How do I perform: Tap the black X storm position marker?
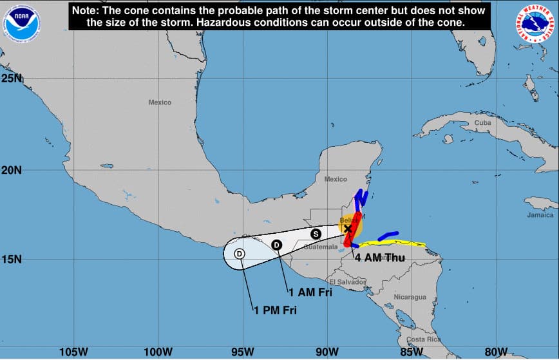pos(348,229)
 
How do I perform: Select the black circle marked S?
pos(316,234)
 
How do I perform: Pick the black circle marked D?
pos(276,244)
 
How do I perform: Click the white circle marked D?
pos(239,254)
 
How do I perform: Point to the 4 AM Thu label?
pos(379,258)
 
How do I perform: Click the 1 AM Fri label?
pos(310,292)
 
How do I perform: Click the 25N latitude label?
pos(12,79)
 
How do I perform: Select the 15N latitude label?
pos(12,259)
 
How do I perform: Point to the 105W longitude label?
pos(73,351)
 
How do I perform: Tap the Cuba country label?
pos(482,122)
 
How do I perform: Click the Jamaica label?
pos(540,215)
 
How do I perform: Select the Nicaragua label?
pos(410,297)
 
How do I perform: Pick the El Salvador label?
pos(348,282)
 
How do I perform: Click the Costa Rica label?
pos(424,339)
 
